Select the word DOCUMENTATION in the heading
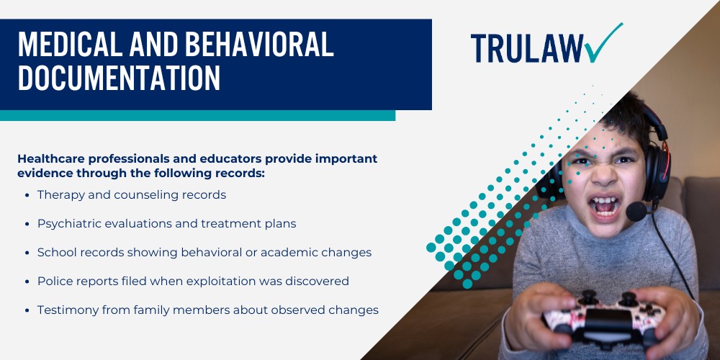pyautogui.click(x=119, y=78)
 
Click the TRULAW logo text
pyautogui.click(x=527, y=48)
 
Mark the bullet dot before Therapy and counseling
pyautogui.click(x=27, y=195)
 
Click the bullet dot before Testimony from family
pyautogui.click(x=27, y=310)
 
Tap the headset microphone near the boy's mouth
pyautogui.click(x=636, y=211)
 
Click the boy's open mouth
pyautogui.click(x=605, y=205)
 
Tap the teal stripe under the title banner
pyautogui.click(x=197, y=115)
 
